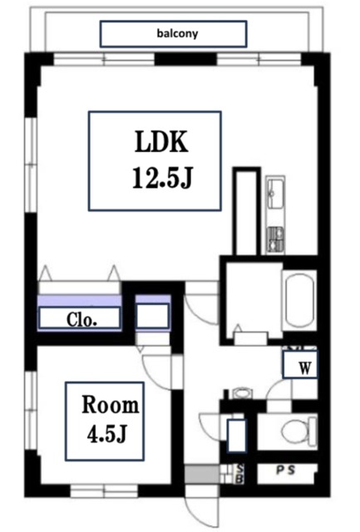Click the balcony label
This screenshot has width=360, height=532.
pos(177,33)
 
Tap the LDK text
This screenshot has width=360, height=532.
pos(161,142)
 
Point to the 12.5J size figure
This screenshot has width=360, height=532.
pos(162,177)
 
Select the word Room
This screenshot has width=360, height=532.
pos(111,405)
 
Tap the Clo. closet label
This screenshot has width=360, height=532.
pos(81,319)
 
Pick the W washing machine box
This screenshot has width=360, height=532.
pos(300,365)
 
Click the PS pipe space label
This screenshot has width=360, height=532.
pos(285,470)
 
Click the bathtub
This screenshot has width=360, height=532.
pos(299,300)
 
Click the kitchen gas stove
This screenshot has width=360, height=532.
pos(275,239)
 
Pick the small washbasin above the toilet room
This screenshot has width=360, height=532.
pos(242,393)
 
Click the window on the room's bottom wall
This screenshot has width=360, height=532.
pos(104,490)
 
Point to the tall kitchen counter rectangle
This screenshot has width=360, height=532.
pos(247,211)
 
